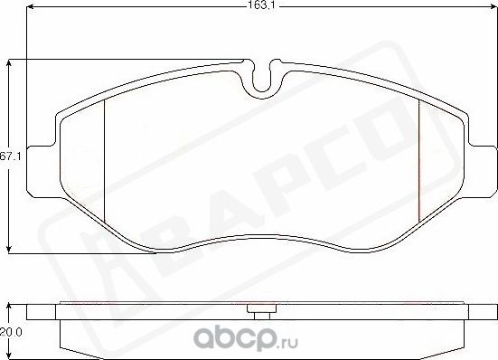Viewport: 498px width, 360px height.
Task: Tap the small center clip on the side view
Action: (262, 313)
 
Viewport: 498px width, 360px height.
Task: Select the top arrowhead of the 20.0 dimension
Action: (9, 306)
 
